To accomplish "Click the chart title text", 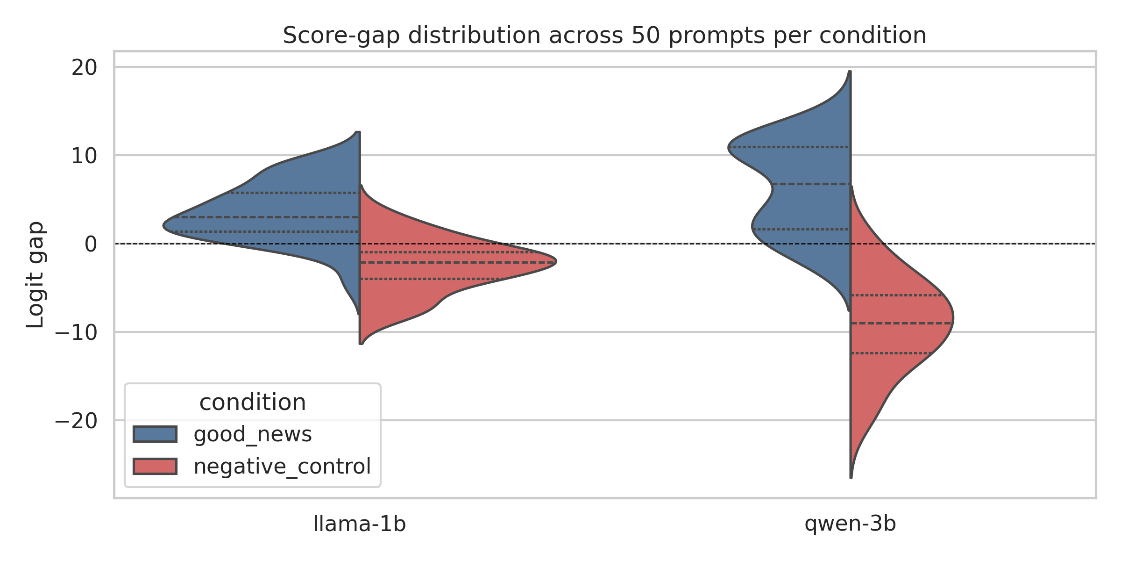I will pos(604,36).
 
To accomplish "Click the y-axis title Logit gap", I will pos(35,275).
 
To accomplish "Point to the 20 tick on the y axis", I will pos(84,68).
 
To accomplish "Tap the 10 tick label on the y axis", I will pos(84,156).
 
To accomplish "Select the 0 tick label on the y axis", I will pos(91,245).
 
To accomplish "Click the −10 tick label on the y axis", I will pos(76,333).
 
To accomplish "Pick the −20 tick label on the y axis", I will pos(76,421).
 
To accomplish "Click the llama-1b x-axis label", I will pos(359,524).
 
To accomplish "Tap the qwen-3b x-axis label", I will pos(850,524).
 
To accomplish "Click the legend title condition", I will pos(252,403).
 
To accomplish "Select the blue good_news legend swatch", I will pos(155,434).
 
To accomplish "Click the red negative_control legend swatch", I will pos(155,467).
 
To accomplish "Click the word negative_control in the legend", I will pos(282,467).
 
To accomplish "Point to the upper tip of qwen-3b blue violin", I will pos(850,72).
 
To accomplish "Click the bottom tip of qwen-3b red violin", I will pos(851,477).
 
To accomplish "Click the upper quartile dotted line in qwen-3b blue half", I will pos(789,147).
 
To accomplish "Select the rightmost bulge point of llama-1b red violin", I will pos(556,262).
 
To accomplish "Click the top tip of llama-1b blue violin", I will pos(358,133).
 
